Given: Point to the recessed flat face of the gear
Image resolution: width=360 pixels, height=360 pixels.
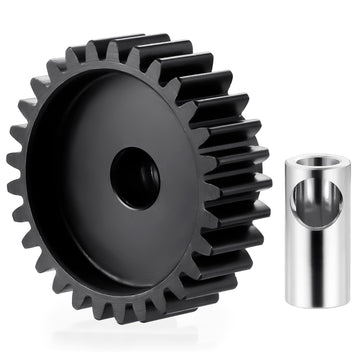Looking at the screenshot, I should pyautogui.click(x=90, y=210).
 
